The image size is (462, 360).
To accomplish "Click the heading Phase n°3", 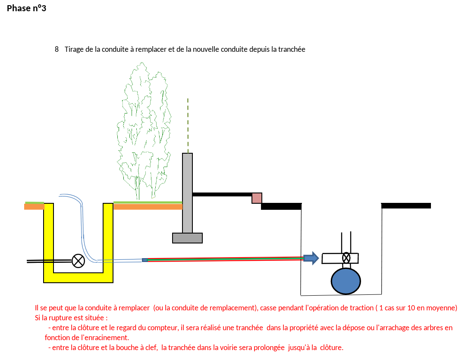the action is point(26,8).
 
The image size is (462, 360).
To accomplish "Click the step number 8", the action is point(57,49).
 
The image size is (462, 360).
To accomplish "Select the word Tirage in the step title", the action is point(74,50).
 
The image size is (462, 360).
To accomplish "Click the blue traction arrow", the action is point(311,258).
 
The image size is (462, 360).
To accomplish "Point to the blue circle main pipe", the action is point(346,281).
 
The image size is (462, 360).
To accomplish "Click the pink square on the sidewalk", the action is point(257,198).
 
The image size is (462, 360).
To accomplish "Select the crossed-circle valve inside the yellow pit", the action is point(79,261).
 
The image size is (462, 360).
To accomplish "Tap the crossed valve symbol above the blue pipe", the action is point(346,258).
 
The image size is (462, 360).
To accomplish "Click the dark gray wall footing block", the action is point(187,238).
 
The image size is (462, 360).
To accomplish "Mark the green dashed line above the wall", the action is point(188,126).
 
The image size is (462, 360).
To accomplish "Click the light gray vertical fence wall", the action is point(187,193).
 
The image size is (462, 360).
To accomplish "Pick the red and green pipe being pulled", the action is point(226,259).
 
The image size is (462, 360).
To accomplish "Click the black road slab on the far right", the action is point(406,206).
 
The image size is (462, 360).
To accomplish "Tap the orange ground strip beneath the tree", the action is point(148,207).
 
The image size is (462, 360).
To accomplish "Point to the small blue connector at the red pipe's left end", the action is point(145,260).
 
